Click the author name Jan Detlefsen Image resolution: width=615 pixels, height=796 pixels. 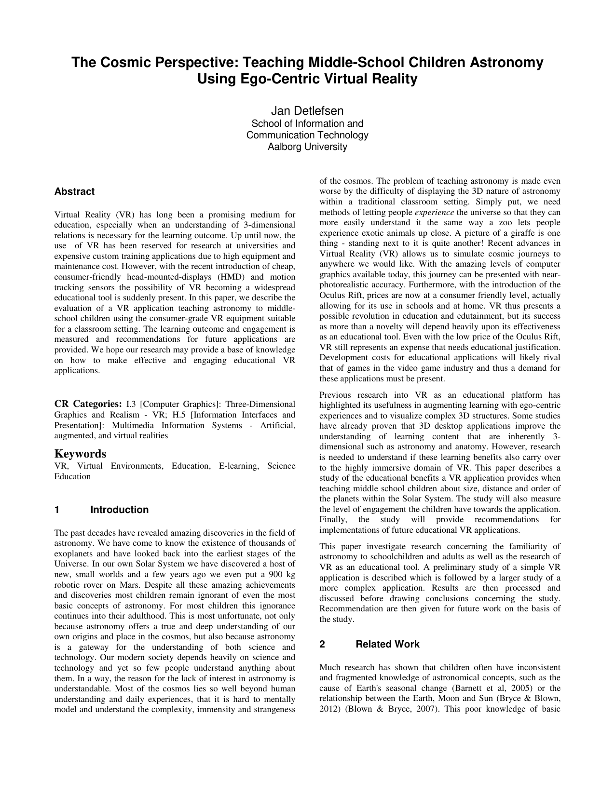[307, 111]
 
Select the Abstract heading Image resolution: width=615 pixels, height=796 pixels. [74, 191]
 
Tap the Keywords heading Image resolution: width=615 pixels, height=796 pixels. [80, 454]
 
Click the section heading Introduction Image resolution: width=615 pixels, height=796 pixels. [119, 510]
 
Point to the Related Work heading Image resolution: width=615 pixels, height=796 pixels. [387, 644]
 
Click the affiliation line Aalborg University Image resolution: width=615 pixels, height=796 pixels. [307, 147]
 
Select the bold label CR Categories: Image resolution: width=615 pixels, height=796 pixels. [88, 404]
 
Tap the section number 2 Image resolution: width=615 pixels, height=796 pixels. [322, 644]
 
